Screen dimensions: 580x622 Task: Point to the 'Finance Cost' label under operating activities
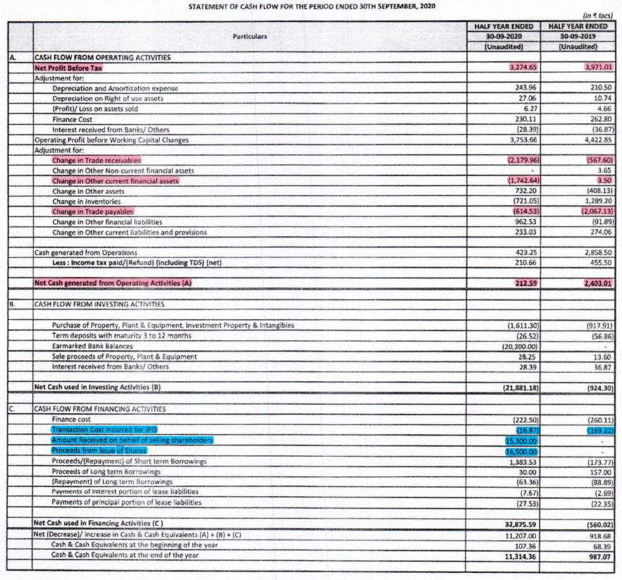[x=73, y=120]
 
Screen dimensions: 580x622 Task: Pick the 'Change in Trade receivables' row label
[x=97, y=161]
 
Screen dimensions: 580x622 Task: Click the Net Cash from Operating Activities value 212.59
[x=525, y=283]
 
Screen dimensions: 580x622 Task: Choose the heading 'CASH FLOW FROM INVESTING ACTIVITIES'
[x=99, y=304]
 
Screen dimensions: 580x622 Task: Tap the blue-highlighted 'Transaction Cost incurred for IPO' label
[x=104, y=429]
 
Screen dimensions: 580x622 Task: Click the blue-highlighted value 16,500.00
[x=521, y=451]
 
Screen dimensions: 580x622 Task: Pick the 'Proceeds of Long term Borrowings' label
[x=106, y=471]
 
